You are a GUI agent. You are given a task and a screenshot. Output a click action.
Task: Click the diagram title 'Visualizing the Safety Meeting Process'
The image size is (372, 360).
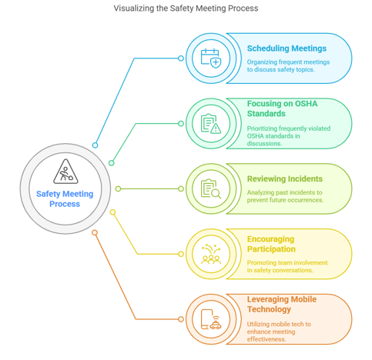186,8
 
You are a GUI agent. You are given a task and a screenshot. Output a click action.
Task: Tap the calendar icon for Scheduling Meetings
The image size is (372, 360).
211,58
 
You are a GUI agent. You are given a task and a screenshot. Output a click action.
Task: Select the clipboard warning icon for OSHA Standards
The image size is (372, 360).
211,124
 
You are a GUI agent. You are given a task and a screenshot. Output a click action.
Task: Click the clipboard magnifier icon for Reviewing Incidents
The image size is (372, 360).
211,188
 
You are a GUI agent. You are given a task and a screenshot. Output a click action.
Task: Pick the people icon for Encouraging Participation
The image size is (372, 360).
211,254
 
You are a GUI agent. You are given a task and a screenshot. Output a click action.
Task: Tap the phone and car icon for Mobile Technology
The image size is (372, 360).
211,319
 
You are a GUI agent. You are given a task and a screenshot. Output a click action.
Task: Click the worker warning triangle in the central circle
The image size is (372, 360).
65,172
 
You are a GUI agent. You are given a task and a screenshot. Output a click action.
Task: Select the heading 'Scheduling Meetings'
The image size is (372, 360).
287,48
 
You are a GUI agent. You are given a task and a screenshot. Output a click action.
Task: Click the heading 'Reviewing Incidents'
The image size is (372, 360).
285,178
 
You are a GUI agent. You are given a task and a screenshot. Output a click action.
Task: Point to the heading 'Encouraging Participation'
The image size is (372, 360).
271,244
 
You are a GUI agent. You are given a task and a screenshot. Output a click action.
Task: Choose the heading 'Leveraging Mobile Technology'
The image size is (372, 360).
282,304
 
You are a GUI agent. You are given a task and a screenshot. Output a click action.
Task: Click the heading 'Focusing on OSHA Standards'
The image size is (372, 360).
282,108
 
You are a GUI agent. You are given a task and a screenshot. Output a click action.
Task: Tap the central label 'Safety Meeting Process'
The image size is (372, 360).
65,198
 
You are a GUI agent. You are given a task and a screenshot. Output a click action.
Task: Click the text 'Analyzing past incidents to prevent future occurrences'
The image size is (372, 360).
285,196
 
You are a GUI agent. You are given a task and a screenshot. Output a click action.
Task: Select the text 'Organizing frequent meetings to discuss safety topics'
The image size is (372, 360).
288,65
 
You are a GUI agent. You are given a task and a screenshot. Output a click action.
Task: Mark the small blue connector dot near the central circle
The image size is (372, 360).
95,145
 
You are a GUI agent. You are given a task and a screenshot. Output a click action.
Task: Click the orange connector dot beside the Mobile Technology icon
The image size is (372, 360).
181,319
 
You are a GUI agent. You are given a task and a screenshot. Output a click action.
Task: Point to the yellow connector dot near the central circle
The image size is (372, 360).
112,212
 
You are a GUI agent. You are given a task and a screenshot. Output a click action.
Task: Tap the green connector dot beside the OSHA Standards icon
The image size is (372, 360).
181,124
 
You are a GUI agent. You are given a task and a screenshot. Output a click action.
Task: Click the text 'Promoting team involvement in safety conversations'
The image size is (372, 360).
287,266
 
